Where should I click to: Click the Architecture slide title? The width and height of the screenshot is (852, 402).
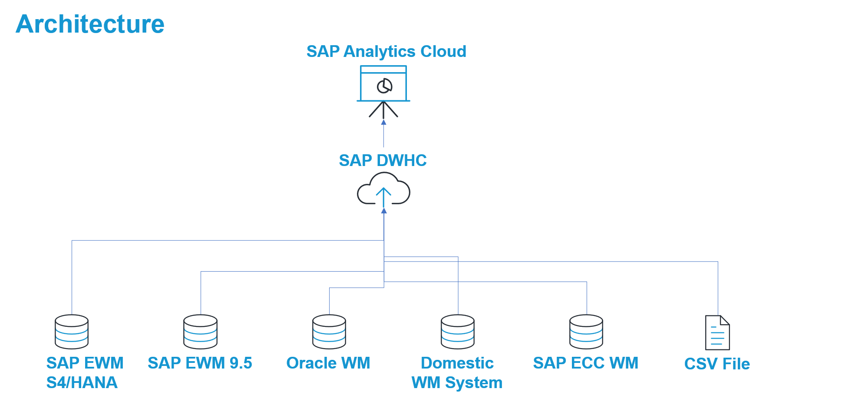[x=90, y=24]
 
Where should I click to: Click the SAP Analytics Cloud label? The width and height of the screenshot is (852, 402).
[x=386, y=51]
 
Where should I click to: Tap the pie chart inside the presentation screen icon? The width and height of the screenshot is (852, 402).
[x=384, y=86]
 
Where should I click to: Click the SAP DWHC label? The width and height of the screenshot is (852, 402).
[x=383, y=160]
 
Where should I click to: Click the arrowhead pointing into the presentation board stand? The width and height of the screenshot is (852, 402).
[x=383, y=122]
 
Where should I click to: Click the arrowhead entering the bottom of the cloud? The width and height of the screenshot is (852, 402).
[x=384, y=211]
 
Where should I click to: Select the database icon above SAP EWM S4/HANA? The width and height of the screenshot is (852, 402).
[x=72, y=332]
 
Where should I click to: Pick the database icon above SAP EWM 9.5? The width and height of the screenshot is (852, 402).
[x=200, y=332]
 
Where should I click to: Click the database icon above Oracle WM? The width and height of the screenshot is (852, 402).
[x=329, y=332]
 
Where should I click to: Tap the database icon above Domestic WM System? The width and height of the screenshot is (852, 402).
[x=458, y=332]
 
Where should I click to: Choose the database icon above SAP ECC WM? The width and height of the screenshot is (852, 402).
[x=586, y=332]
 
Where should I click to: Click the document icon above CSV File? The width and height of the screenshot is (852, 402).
[x=717, y=332]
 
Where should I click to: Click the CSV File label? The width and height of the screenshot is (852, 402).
[x=717, y=364]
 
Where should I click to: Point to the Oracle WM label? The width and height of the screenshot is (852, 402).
[x=328, y=363]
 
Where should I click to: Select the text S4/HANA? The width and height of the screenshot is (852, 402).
[x=82, y=382]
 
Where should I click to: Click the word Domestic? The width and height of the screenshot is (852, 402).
[x=457, y=363]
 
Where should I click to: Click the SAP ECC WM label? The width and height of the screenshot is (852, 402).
[x=585, y=363]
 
